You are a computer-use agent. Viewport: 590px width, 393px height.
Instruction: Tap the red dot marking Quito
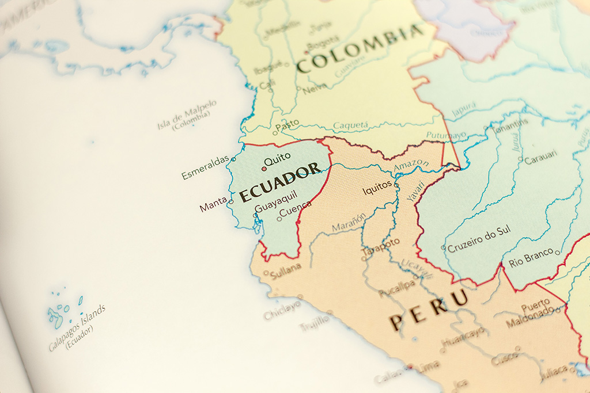264,169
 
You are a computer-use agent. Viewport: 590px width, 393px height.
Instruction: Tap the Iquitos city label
377,188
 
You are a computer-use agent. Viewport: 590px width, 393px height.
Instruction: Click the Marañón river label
349,223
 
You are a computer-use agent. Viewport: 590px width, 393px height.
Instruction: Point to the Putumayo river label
446,135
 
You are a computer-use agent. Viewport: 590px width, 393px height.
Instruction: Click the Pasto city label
287,124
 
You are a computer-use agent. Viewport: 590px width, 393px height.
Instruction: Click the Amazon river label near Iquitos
411,166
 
